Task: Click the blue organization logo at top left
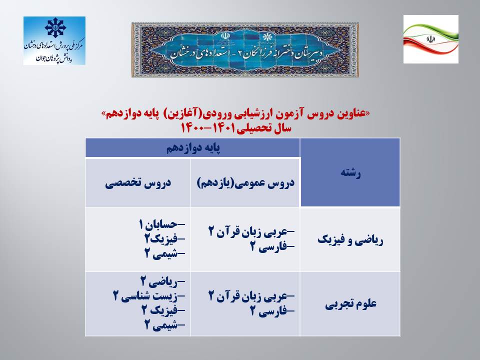54,40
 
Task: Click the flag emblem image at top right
430,39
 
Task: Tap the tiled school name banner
245,49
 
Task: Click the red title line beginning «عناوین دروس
235,114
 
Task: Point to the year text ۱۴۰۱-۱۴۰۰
207,127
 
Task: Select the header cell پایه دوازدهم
193,148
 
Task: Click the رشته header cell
350,173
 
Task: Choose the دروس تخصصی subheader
138,183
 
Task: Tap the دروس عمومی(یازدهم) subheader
245,183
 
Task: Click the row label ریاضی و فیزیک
350,240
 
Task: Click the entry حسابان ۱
162,224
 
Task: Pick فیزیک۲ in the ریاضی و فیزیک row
165,239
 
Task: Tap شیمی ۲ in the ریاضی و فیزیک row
165,253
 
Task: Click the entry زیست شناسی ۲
149,296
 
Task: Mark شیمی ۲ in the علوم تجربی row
165,325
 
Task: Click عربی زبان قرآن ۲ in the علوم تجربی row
251,296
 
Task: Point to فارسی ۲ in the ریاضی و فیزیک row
272,246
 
